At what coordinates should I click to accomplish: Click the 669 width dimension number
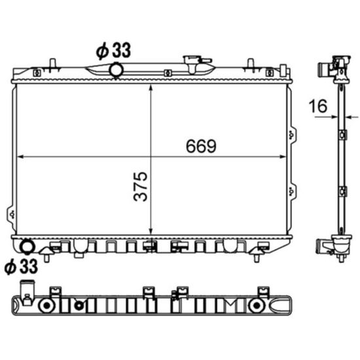point(201,146)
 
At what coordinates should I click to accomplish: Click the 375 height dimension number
point(140,187)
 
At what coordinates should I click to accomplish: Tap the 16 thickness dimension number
point(318,106)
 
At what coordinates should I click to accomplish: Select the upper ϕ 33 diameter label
point(113,50)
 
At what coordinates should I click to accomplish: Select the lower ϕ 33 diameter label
point(21,266)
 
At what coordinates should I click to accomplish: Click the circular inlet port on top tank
point(117,70)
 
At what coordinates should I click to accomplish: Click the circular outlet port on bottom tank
point(27,247)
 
